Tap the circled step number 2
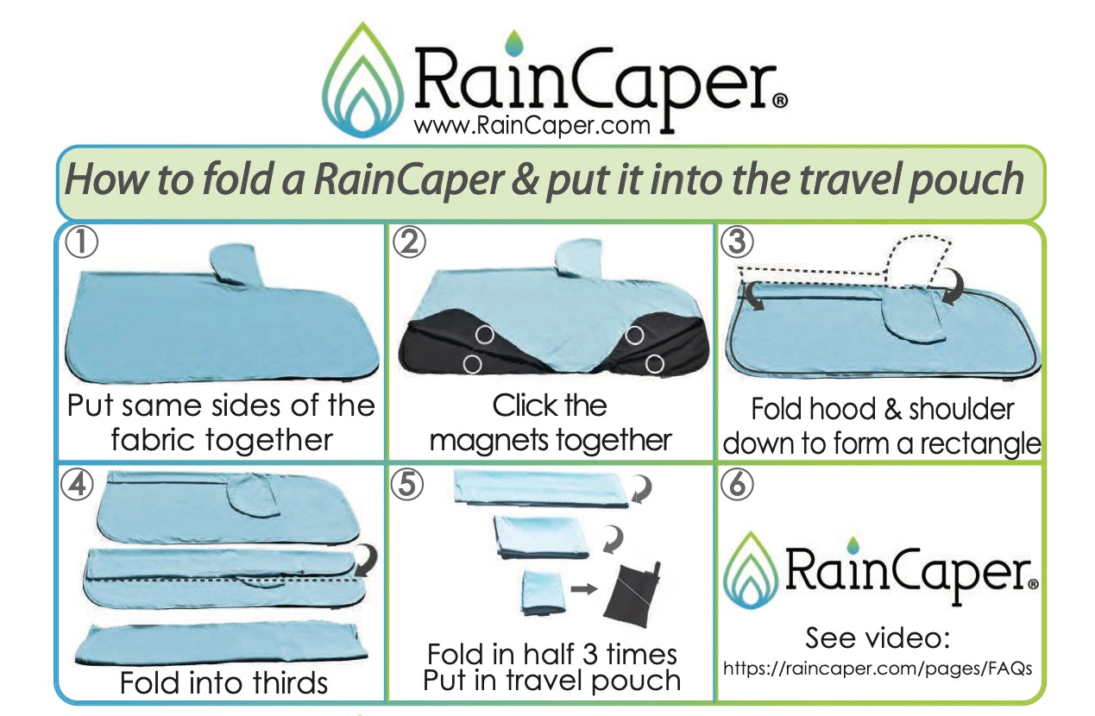[x=409, y=243]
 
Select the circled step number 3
[x=736, y=243]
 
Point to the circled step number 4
[x=78, y=486]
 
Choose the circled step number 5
[x=407, y=486]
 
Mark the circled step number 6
[x=736, y=486]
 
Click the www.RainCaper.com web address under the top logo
[x=532, y=126]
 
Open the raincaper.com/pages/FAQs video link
[x=878, y=668]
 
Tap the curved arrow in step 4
[x=366, y=562]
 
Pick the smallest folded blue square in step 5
[x=542, y=594]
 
